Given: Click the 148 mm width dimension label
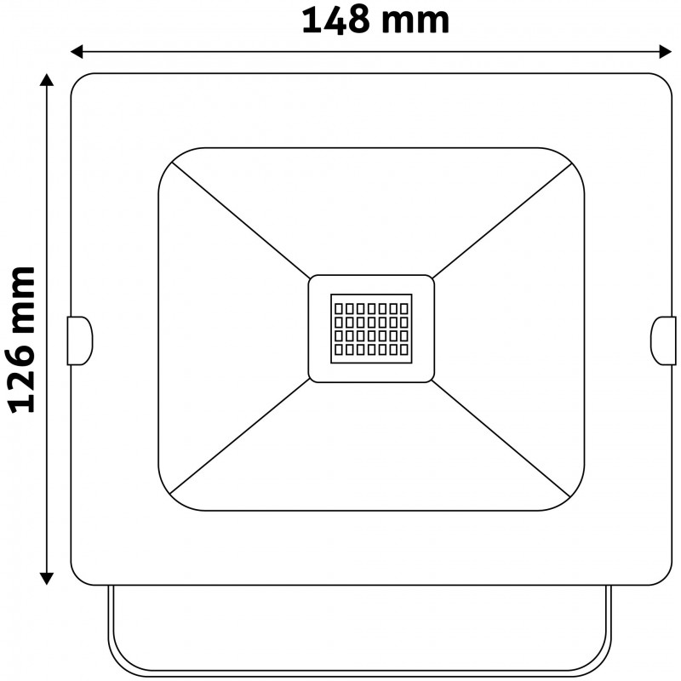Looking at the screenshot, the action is [375, 20].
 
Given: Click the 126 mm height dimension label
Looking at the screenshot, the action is [22, 340].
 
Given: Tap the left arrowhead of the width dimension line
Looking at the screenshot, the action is [77, 52].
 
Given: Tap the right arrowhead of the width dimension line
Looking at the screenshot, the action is [666, 52].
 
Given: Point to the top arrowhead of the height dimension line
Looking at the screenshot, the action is [47, 80].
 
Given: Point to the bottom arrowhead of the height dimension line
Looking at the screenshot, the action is [47, 579].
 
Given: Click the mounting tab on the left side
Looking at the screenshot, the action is [79, 340].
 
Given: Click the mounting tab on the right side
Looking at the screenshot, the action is [663, 340].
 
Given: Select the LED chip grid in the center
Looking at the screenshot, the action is [371, 329].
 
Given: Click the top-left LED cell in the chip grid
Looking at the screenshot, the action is [339, 309].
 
